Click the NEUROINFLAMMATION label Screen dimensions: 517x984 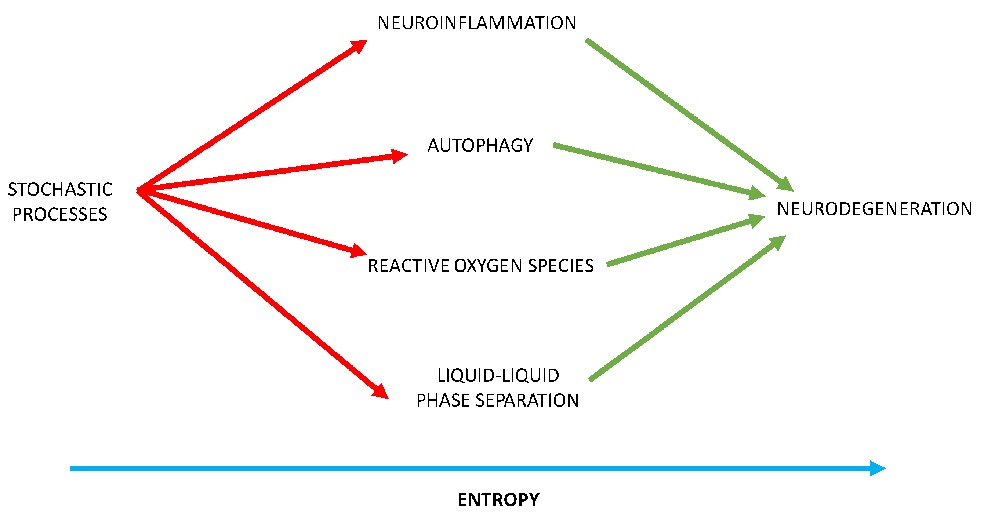(477, 23)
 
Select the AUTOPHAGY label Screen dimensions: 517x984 (480, 145)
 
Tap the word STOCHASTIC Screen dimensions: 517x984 (60, 189)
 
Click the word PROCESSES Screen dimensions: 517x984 (59, 214)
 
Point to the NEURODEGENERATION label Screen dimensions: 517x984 (874, 209)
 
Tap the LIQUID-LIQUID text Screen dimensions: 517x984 (498, 376)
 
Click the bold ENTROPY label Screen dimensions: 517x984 (498, 500)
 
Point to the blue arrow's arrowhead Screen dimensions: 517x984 (878, 469)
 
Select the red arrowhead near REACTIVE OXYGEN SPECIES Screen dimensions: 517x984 (358, 251)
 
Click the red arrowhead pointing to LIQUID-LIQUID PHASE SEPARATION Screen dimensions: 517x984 (380, 392)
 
